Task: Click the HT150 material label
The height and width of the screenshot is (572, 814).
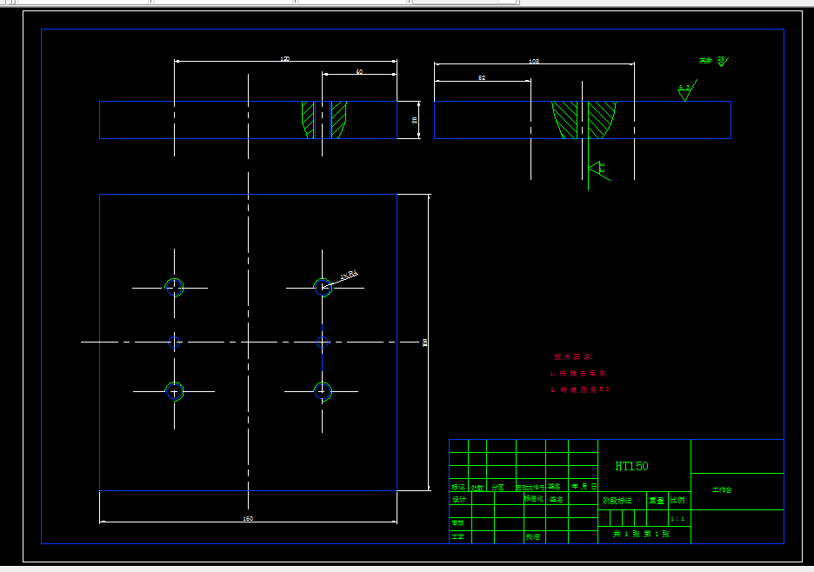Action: coord(631,466)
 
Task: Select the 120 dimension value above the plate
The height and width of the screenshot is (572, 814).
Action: coord(284,59)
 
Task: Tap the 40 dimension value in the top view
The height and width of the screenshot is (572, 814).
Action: coord(359,71)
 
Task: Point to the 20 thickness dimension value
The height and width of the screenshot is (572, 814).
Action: coord(415,120)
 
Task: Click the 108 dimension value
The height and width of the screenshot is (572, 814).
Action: coord(534,62)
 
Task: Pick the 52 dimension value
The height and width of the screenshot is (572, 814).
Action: coord(482,78)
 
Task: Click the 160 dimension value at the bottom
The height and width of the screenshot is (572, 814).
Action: coord(248,519)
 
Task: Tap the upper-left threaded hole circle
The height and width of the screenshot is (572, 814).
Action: coord(175,287)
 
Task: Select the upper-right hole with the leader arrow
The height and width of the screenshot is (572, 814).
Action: coord(323,287)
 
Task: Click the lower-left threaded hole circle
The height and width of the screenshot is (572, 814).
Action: coord(175,391)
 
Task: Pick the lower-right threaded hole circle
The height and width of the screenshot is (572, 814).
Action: coord(323,391)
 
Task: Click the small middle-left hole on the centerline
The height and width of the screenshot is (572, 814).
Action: coord(175,342)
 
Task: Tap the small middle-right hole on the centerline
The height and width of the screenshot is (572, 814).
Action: coord(323,342)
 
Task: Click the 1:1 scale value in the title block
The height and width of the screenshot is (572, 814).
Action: coord(677,519)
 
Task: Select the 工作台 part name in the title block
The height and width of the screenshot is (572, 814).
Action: coord(723,490)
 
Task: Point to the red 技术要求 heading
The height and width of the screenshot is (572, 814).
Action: coord(572,356)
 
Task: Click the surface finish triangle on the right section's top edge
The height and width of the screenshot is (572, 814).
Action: coord(684,92)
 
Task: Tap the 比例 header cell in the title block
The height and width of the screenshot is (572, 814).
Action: coord(677,500)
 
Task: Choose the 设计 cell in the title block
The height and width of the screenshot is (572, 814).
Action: coord(458,499)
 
